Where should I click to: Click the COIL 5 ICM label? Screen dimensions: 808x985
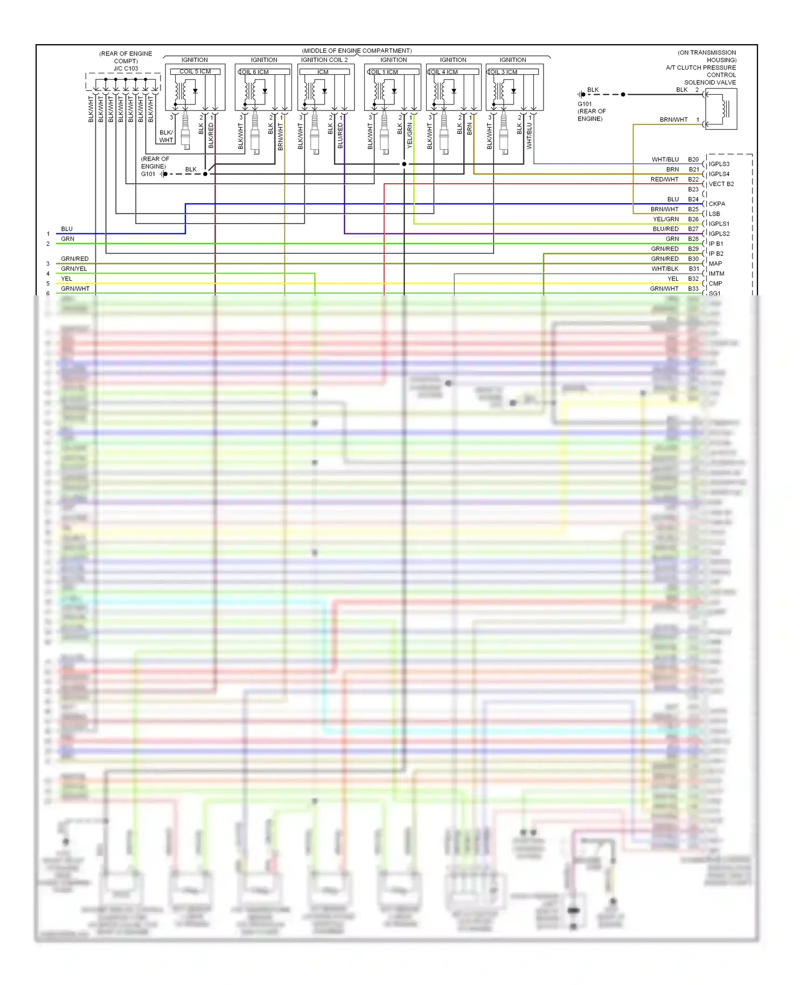point(195,72)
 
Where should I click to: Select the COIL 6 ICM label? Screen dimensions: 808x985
point(254,72)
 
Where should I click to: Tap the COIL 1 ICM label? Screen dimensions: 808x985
point(383,72)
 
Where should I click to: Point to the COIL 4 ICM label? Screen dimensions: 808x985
point(443,72)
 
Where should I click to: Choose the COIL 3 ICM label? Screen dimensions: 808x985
point(503,72)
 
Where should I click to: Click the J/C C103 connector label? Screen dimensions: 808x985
point(126,68)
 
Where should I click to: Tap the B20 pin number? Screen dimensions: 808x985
point(693,159)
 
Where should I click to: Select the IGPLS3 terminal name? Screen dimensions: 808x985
point(719,164)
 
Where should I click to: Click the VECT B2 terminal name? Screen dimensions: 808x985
point(721,184)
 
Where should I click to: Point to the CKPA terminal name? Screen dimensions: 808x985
point(716,204)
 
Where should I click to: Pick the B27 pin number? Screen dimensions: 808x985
point(693,229)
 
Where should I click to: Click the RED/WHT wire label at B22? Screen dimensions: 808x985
point(664,179)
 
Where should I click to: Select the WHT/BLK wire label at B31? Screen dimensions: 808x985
point(665,269)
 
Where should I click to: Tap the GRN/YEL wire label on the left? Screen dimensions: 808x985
point(74,269)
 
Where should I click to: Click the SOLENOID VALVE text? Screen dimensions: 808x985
point(710,82)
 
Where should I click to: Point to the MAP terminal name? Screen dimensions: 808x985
point(715,263)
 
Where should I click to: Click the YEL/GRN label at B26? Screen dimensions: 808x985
point(666,219)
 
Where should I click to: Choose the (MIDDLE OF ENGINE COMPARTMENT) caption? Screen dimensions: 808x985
point(357,51)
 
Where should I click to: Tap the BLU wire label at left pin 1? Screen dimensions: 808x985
point(67,229)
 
